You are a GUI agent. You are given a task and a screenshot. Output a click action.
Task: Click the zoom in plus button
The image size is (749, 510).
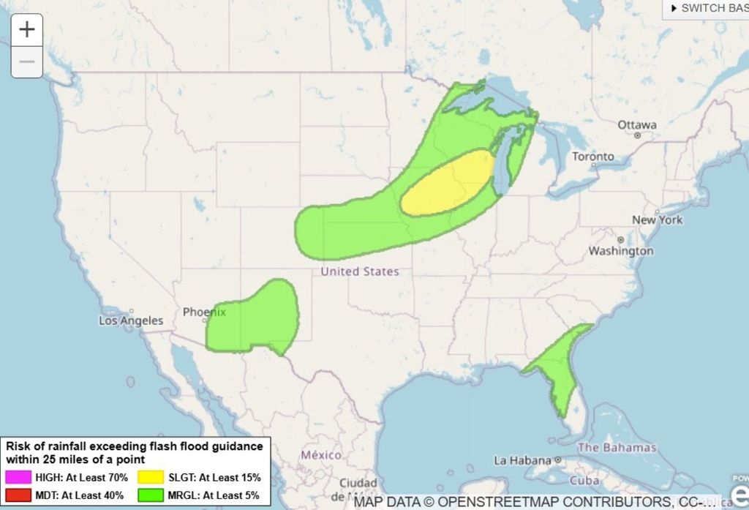coord(27,29)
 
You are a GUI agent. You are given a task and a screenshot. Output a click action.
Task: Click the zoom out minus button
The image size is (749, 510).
coord(27,61)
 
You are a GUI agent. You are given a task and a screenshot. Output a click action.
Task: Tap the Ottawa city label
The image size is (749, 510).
coord(636,124)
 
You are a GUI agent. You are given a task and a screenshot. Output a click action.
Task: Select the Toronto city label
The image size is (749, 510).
coord(592,157)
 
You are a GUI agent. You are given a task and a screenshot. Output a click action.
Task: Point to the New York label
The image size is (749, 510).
coord(657,220)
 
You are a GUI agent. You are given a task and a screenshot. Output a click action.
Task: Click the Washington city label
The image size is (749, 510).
coord(621,251)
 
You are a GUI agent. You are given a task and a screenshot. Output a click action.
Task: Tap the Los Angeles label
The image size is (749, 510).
coord(131,320)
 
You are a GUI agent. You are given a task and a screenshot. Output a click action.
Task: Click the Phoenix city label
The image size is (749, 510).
coord(204,312)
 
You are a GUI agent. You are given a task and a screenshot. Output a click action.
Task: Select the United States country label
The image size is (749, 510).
coord(360,271)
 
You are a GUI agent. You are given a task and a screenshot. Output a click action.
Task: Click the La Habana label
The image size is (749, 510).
coord(522,460)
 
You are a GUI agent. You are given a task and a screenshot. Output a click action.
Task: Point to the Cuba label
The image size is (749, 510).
coord(584,481)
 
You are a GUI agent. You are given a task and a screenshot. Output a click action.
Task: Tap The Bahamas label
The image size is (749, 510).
coord(617,447)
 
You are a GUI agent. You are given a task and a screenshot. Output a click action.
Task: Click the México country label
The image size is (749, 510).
coord(321,455)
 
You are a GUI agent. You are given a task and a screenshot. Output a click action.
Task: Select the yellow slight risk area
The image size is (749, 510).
coord(446,184)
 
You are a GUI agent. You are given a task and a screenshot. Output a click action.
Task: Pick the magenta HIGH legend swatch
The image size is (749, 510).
coord(18,477)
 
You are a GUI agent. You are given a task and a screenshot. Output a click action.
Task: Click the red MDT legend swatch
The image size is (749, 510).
coord(18,495)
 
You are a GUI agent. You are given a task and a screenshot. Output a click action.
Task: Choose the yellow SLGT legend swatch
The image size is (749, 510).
coord(149,477)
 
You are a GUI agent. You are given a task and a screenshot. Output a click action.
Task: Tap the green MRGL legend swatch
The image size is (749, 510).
coord(149,495)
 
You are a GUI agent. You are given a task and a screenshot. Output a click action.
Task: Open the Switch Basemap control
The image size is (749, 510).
coord(707,8)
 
